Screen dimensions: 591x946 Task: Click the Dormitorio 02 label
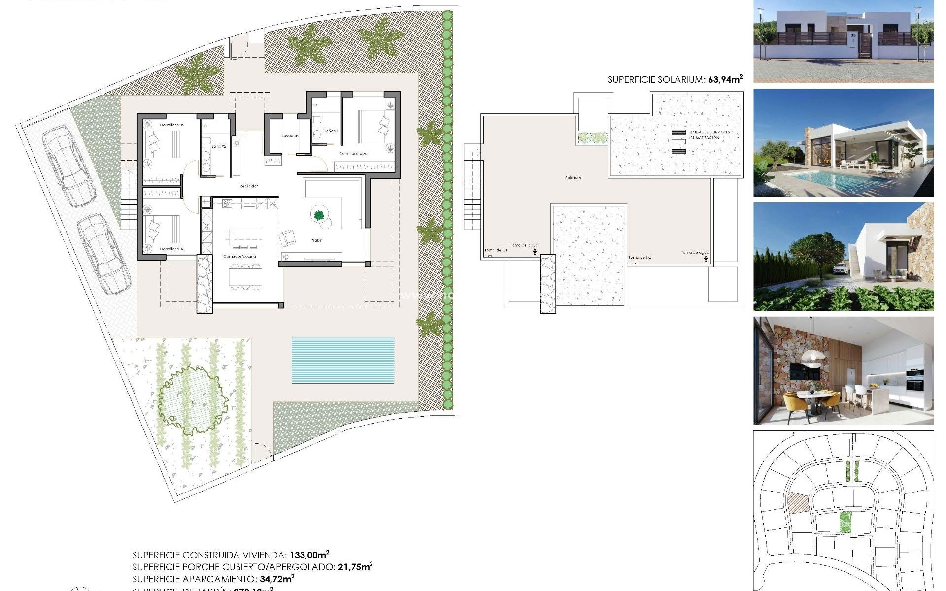(172, 125)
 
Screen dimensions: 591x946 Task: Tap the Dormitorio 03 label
(172, 249)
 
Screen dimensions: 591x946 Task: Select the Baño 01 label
(331, 131)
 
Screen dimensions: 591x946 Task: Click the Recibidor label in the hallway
(249, 186)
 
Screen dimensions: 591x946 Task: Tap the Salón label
(317, 240)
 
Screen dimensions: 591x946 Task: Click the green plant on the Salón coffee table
(319, 215)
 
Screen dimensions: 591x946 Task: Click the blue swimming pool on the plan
(343, 361)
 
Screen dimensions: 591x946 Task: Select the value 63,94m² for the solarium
(725, 79)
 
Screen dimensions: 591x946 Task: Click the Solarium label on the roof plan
(573, 178)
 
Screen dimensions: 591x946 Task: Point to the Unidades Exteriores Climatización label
(709, 135)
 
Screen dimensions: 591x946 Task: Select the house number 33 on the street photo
(853, 35)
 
